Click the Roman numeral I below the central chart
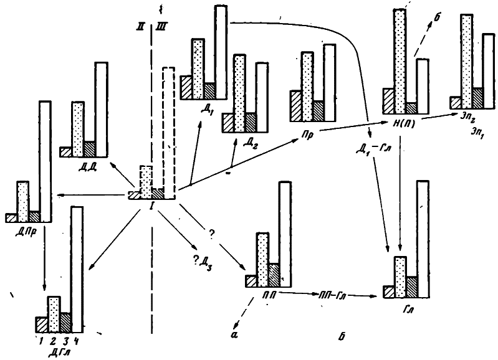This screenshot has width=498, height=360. (x=152, y=206)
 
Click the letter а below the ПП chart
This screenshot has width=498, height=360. (x=234, y=333)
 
